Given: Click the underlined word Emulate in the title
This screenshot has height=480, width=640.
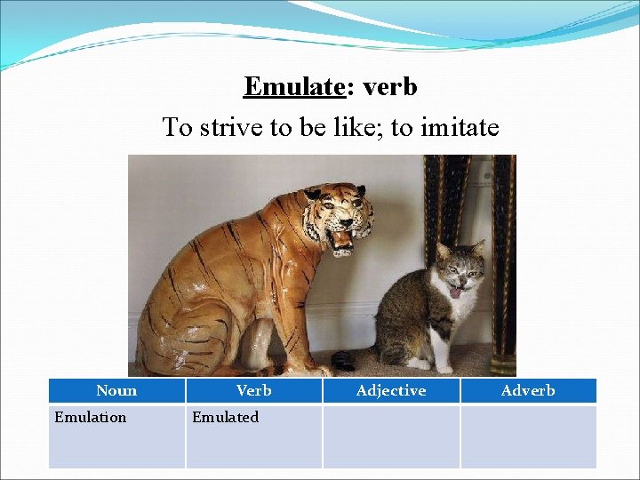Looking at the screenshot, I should tap(293, 87).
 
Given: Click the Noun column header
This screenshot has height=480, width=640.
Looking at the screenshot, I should tap(116, 390).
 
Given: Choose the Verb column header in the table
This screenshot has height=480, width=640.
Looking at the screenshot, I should tap(253, 390).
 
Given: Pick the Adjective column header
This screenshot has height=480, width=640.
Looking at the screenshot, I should tap(390, 390).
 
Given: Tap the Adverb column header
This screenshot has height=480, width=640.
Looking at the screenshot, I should tap(528, 390).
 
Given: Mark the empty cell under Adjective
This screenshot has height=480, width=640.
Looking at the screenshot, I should tap(390, 436).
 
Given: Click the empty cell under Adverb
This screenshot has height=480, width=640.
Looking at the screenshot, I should tap(528, 436).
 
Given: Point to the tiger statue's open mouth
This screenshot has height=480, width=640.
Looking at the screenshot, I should tap(340, 237).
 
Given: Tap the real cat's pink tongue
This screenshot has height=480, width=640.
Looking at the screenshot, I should tap(455, 292).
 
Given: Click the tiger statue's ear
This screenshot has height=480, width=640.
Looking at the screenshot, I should tap(312, 193).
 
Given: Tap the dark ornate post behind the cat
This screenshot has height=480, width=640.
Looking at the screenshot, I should tap(503, 267).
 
